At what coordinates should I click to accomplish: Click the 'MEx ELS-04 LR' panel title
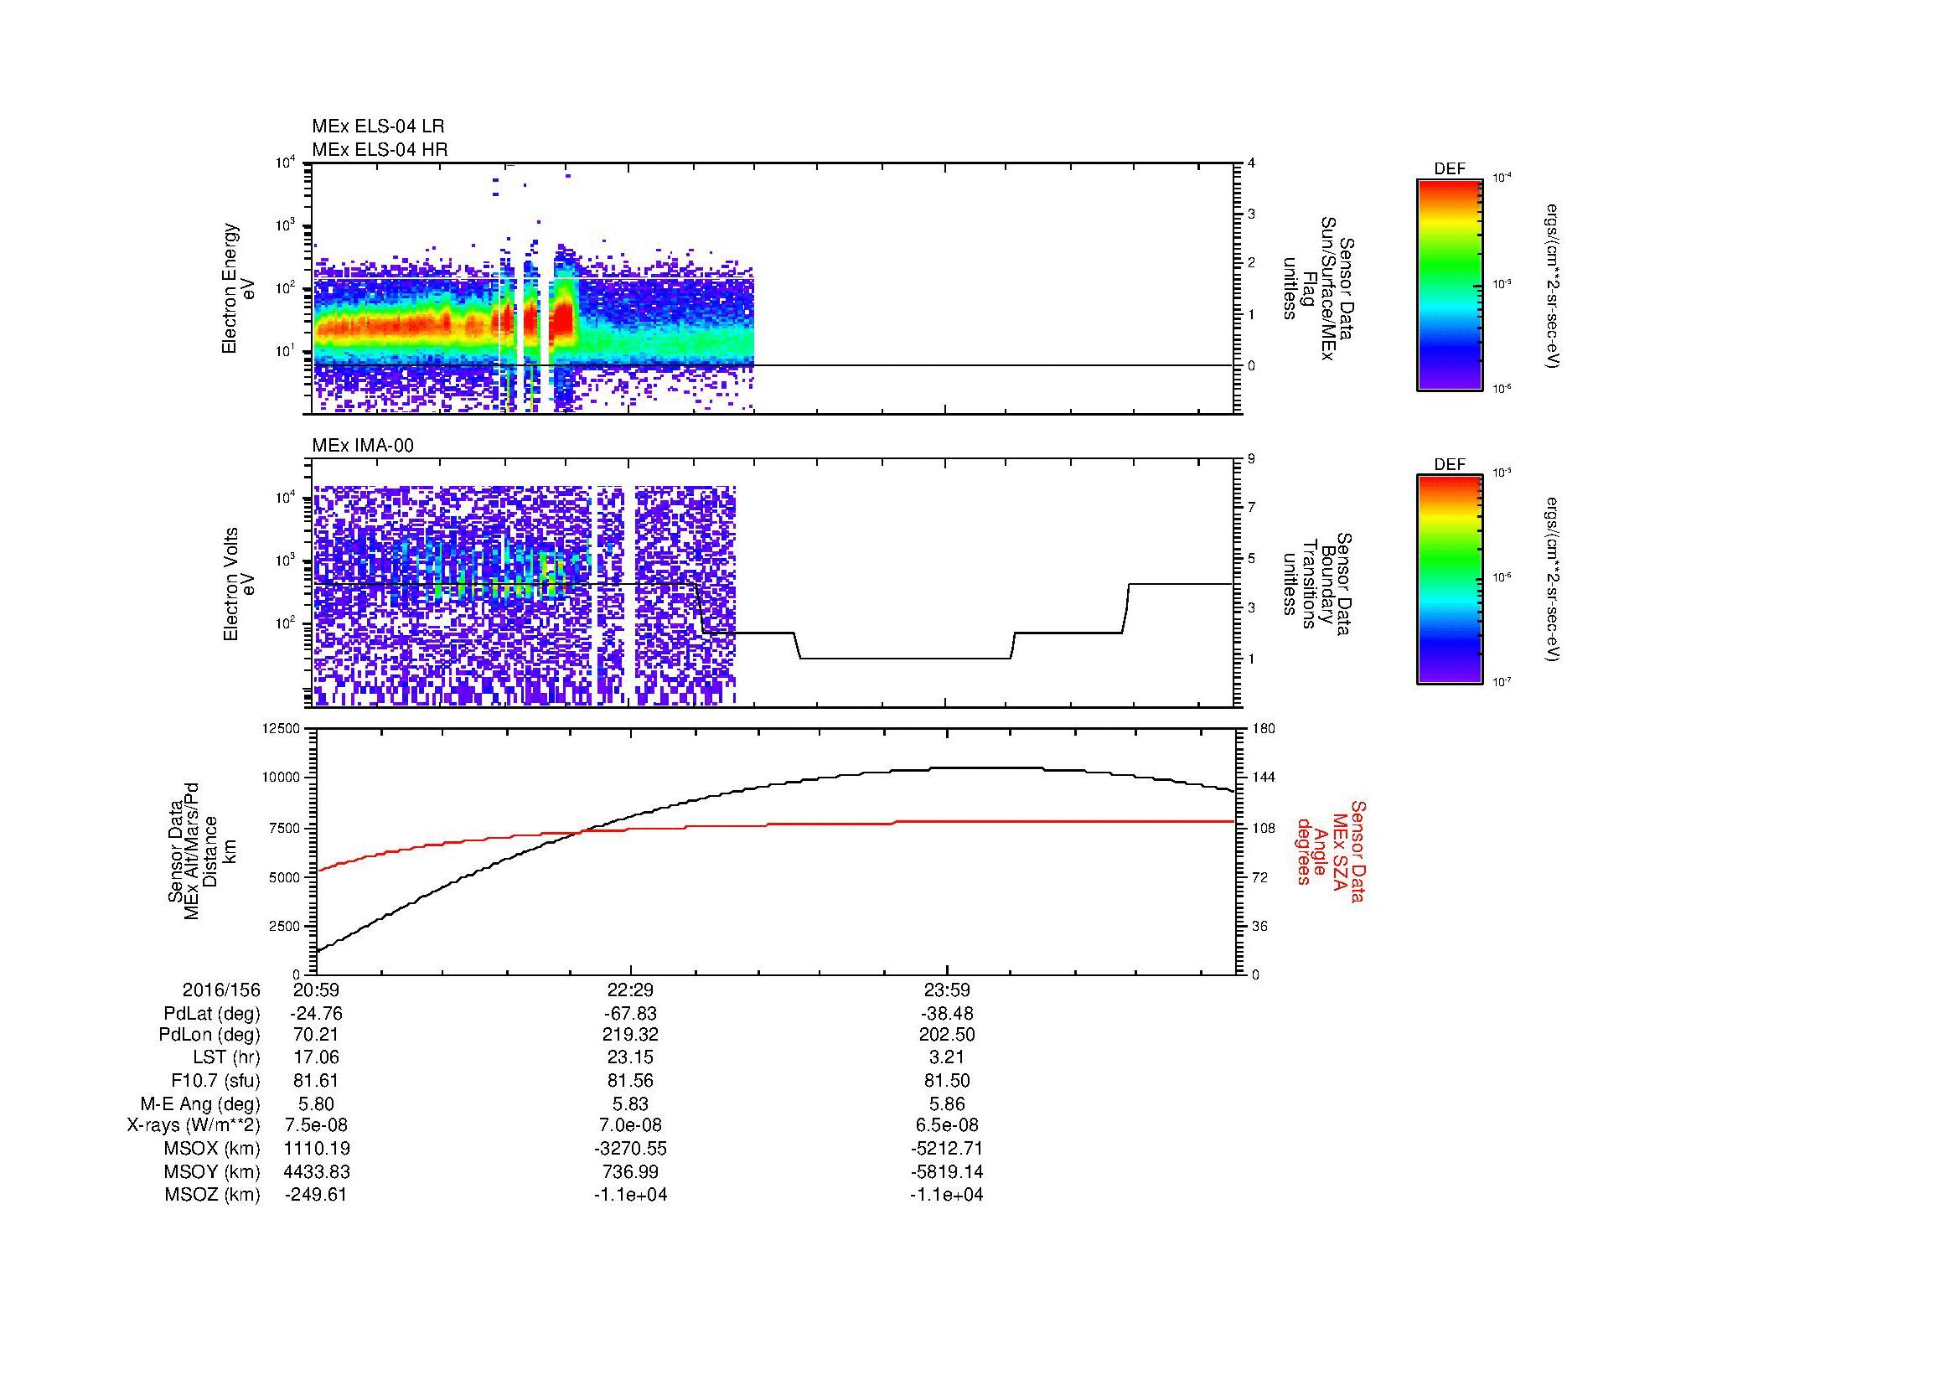pos(377,127)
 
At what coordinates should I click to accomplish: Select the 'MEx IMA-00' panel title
pos(363,446)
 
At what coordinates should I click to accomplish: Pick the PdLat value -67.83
pos(630,1014)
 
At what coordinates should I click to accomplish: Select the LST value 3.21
pos(947,1057)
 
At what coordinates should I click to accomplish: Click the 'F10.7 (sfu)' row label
pos(215,1080)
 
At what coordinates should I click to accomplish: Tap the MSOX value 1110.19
pos(316,1149)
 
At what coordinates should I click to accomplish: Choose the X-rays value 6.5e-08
pos(947,1125)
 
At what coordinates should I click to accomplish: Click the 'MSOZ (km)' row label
pos(212,1195)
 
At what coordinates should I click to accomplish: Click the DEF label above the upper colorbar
pos(1449,169)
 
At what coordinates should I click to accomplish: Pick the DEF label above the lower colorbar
pos(1449,465)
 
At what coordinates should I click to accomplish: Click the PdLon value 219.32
pos(630,1035)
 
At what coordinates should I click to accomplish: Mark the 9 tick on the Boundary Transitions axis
pos(1251,459)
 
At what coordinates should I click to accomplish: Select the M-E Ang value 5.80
pos(316,1103)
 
